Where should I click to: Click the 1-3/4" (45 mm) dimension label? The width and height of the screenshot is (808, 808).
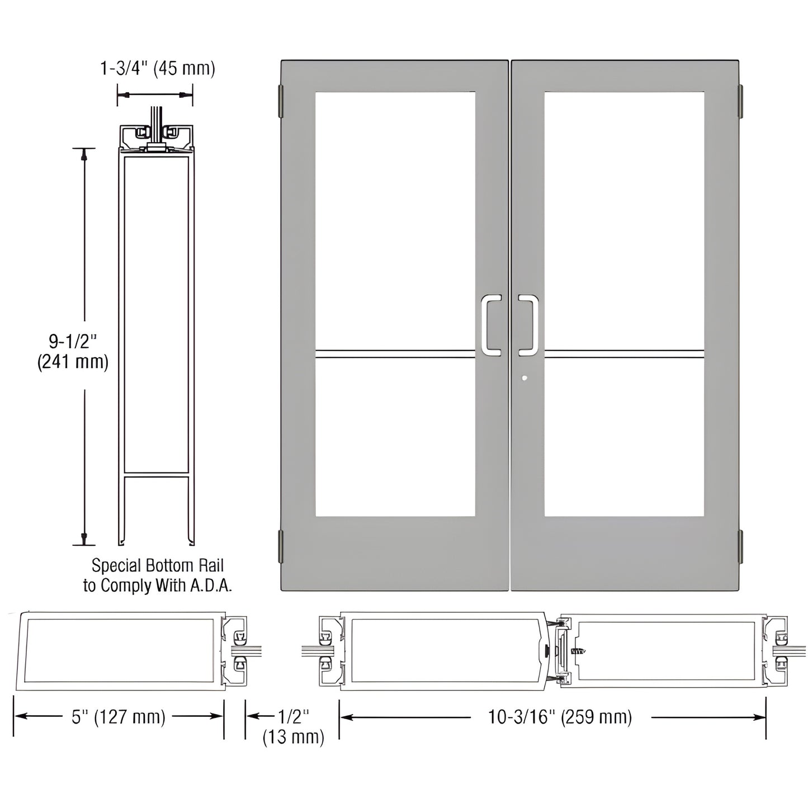[157, 69]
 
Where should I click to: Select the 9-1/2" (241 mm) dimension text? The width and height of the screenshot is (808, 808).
[73, 350]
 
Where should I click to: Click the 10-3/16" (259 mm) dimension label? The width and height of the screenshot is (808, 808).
[560, 717]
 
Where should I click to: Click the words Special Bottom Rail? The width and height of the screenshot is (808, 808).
[158, 565]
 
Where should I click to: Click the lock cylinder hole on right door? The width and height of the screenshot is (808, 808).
[523, 379]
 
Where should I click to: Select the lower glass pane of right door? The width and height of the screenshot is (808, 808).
[623, 436]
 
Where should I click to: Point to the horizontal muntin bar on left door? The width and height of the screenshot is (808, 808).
[395, 353]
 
